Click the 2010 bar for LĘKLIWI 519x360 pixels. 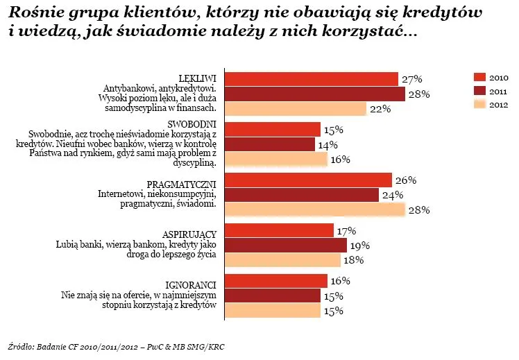point(312,79)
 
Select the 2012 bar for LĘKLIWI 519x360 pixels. point(296,109)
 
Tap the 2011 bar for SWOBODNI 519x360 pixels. point(271,144)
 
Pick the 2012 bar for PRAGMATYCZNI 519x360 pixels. point(316,209)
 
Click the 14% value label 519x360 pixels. point(328,145)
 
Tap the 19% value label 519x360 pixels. point(360,246)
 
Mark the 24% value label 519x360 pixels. point(393,196)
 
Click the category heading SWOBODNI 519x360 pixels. point(199,123)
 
